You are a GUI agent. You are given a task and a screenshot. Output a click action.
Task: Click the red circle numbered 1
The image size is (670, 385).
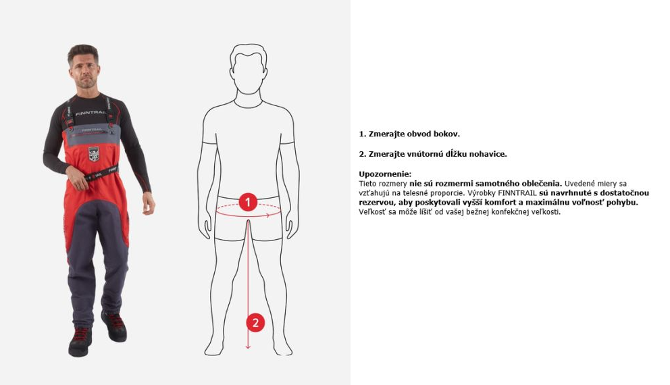248,202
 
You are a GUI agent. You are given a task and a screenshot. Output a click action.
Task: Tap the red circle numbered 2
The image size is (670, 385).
255,323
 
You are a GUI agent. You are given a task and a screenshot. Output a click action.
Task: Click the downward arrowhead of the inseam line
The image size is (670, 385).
248,346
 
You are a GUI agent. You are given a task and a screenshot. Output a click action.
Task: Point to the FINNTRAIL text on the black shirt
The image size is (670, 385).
91,113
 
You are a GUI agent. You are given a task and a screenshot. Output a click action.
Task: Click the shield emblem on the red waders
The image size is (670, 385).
94,154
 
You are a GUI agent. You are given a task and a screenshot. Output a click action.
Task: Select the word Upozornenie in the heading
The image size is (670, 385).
385,174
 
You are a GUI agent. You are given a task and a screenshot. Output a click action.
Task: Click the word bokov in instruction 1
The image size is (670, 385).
446,134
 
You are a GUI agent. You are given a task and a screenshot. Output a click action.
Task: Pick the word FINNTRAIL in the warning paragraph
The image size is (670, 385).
517,193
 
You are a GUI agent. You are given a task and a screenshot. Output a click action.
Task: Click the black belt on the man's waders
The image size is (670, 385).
101,173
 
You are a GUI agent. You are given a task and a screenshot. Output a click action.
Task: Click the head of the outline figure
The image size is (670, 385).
249,68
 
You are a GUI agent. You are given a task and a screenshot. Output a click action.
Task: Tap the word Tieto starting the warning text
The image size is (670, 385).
368,184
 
